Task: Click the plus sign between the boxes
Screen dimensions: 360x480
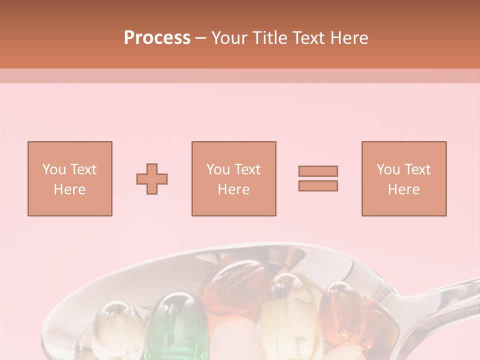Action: point(152,179)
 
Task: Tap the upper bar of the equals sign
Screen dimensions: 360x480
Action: point(318,171)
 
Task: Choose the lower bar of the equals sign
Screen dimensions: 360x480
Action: point(318,186)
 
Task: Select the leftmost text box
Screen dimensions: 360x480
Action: point(70,178)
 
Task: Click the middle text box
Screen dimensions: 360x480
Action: point(233,178)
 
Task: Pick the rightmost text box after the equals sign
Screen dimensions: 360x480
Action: point(404,178)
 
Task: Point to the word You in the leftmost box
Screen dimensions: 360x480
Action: point(54,169)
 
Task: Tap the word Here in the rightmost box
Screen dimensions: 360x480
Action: point(404,189)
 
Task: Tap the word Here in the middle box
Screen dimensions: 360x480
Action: point(233,189)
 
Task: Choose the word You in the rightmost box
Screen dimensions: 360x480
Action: point(388,169)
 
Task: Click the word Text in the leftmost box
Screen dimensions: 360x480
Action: point(83,169)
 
